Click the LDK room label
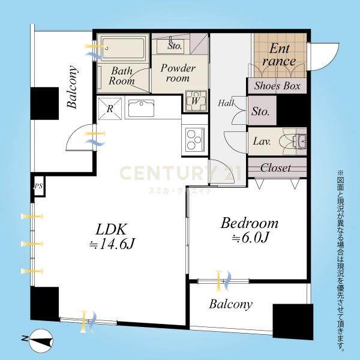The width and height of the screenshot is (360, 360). pyautogui.click(x=111, y=229)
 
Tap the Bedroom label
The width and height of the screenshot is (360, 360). pyautogui.click(x=250, y=223)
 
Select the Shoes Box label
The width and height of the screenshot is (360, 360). pyautogui.click(x=277, y=86)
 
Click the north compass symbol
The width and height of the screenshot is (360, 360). pyautogui.click(x=38, y=340)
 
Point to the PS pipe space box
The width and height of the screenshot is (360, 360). pyautogui.click(x=38, y=186)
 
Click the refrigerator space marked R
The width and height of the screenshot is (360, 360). pyautogui.click(x=110, y=109)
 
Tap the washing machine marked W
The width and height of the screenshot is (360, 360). pyautogui.click(x=195, y=101)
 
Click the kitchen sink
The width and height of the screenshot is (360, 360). pyautogui.click(x=141, y=109)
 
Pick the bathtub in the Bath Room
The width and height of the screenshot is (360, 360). pyautogui.click(x=123, y=48)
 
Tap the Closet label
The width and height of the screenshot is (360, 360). pyautogui.click(x=275, y=168)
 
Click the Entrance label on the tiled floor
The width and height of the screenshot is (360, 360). pyautogui.click(x=280, y=55)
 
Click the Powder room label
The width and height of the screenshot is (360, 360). pyautogui.click(x=178, y=73)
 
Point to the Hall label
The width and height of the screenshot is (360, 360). pyautogui.click(x=226, y=103)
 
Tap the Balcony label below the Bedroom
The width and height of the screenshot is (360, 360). pyautogui.click(x=231, y=304)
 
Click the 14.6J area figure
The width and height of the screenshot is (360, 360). pyautogui.click(x=112, y=244)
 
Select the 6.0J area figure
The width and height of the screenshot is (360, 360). pyautogui.click(x=250, y=238)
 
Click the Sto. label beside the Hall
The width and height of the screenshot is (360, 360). pyautogui.click(x=260, y=112)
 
